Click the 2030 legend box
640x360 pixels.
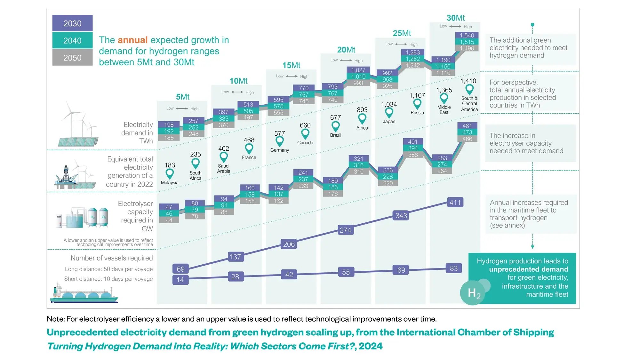click(72, 23)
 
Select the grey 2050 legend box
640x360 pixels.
click(72, 58)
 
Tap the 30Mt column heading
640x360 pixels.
click(455, 18)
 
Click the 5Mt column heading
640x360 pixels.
click(182, 97)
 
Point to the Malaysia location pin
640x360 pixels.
click(170, 174)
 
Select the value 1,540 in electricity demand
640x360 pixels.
click(467, 35)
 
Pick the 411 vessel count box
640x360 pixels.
click(455, 202)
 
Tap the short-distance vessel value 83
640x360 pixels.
click(453, 268)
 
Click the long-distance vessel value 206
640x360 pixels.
click(289, 244)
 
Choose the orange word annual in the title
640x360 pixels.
click(132, 40)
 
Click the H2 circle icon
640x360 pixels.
click(473, 292)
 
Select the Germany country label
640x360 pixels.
click(279, 150)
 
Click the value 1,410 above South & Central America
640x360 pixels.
click(468, 81)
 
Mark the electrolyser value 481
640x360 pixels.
click(467, 126)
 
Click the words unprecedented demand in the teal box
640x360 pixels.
click(528, 269)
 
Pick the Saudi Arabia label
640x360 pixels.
click(223, 168)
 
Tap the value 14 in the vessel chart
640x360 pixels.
click(180, 280)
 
